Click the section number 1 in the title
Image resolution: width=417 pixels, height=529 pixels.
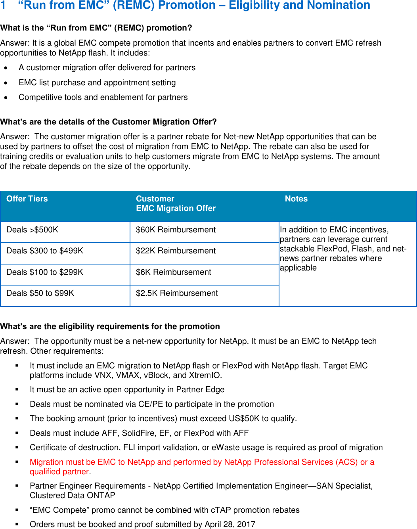pyautogui.click(x=3, y=5)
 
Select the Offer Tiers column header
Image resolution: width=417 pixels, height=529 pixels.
pyautogui.click(x=27, y=199)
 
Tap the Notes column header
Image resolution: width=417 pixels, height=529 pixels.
pyautogui.click(x=296, y=199)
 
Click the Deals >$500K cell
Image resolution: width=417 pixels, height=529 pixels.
pyautogui.click(x=32, y=230)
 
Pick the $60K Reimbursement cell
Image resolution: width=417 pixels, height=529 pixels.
pyautogui.click(x=176, y=230)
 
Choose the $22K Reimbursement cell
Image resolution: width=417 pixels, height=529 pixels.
pyautogui.click(x=176, y=251)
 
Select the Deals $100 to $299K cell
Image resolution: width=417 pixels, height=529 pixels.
pyautogui.click(x=45, y=272)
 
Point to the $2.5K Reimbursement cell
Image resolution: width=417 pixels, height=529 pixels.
pyautogui.click(x=177, y=293)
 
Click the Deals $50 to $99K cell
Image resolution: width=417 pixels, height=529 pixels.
pyautogui.click(x=40, y=293)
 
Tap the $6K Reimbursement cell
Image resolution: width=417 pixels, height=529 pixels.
pyautogui.click(x=173, y=272)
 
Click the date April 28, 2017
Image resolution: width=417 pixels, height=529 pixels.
pyautogui.click(x=230, y=524)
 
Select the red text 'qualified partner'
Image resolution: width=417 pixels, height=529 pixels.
pyautogui.click(x=59, y=471)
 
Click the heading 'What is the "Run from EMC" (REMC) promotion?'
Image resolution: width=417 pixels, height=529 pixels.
pyautogui.click(x=96, y=28)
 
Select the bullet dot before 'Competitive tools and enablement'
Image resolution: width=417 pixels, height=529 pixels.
pyautogui.click(x=6, y=98)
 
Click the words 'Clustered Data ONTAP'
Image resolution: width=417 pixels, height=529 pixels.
pyautogui.click(x=73, y=495)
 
